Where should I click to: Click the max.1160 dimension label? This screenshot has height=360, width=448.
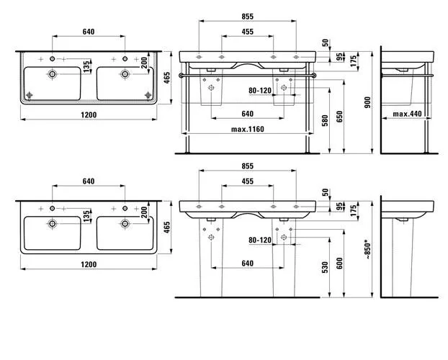tap(248, 129)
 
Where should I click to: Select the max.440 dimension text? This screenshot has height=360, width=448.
tap(407, 114)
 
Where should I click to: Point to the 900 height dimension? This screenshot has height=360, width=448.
tap(367, 102)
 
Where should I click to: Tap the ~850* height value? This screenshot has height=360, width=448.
tap(368, 251)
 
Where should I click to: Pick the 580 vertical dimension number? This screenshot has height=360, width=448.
tap(325, 120)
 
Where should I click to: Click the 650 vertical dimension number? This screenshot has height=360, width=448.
tap(339, 117)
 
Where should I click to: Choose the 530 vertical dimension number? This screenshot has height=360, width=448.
tap(325, 267)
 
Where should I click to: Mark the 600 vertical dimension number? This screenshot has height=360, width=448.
tap(339, 264)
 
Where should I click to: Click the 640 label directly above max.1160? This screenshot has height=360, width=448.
tap(248, 114)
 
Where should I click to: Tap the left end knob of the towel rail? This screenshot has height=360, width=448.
tap(181, 76)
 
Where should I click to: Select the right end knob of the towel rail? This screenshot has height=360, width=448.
tap(314, 76)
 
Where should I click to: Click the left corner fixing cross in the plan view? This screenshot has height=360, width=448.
tap(29, 95)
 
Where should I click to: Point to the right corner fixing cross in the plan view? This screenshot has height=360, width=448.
tap(148, 95)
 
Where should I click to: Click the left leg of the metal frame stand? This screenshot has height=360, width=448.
tap(188, 108)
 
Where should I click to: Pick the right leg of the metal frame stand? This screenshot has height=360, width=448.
tap(308, 108)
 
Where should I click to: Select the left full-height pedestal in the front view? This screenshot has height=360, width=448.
tap(211, 258)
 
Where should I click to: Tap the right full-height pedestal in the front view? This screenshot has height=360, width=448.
tap(284, 258)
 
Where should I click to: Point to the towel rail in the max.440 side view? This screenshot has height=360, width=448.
tap(407, 76)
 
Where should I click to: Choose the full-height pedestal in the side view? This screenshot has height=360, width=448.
tap(402, 258)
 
